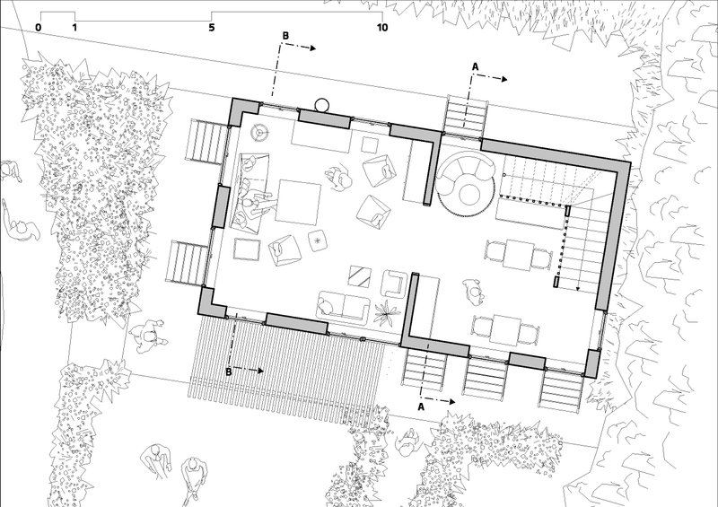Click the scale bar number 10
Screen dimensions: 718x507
[382, 28]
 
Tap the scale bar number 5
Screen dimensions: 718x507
[212, 28]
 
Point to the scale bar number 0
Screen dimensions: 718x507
[38, 28]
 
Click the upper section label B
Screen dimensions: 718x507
[285, 36]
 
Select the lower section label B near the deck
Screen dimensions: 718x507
[229, 372]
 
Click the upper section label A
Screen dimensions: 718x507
[475, 67]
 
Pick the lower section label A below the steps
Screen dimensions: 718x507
[421, 406]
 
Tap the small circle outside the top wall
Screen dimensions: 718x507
[321, 105]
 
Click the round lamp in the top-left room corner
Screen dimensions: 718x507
[259, 133]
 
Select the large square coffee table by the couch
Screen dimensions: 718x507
[300, 202]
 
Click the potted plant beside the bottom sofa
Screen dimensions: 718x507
[387, 312]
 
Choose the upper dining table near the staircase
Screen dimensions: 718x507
[519, 255]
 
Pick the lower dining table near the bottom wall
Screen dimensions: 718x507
[505, 328]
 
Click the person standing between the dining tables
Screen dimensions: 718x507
[474, 293]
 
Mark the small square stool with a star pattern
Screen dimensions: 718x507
[318, 240]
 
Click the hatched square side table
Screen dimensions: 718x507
[360, 276]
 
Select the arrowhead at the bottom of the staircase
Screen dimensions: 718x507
[578, 289]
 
